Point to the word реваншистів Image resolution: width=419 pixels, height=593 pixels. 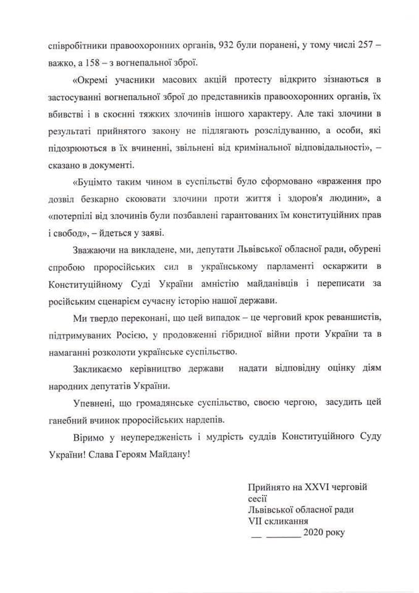coord(350,317)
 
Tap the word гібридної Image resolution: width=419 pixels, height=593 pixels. coord(243,334)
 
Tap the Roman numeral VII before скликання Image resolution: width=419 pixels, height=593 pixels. coord(256,521)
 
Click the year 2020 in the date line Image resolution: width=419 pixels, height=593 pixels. coord(314,532)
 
